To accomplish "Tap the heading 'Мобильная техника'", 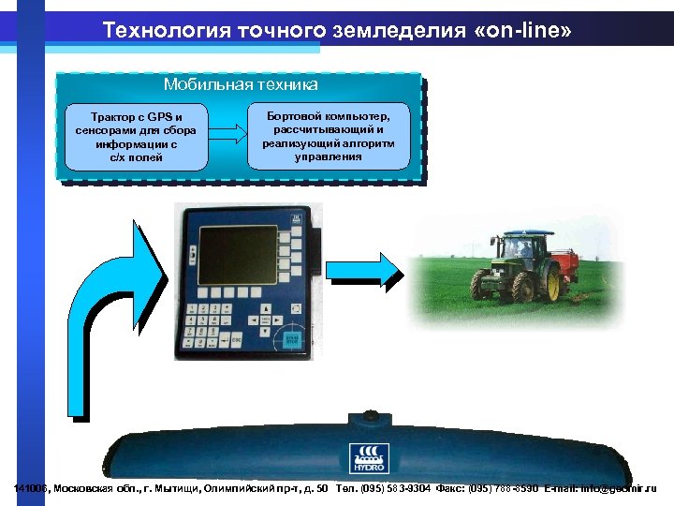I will pyautogui.click(x=241, y=84).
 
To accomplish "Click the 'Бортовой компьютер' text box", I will pyautogui.click(x=330, y=134).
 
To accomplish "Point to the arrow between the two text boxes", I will pyautogui.click(x=226, y=136).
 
